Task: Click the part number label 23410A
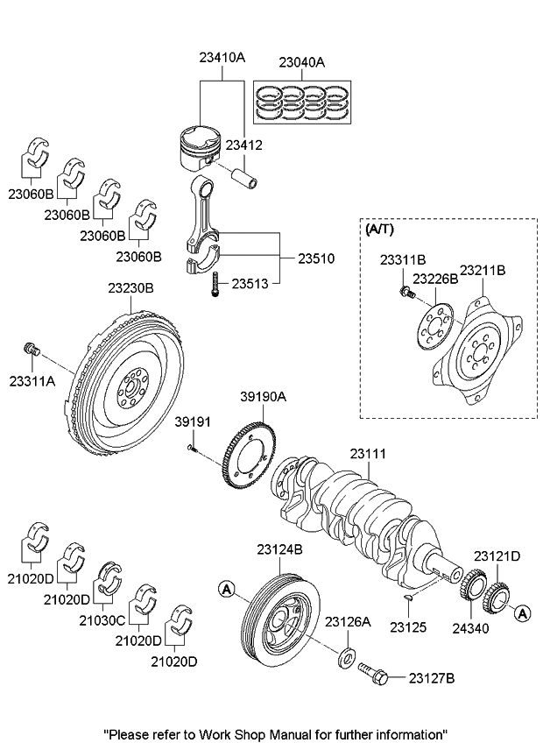pos(221,57)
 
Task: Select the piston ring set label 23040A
pos(301,62)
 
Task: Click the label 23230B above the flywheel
pos(131,287)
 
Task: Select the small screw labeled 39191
pos(193,449)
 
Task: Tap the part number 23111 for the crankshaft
pos(368,454)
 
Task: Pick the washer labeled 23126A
pos(347,653)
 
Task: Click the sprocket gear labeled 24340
pos(473,586)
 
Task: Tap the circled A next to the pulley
pos(227,590)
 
